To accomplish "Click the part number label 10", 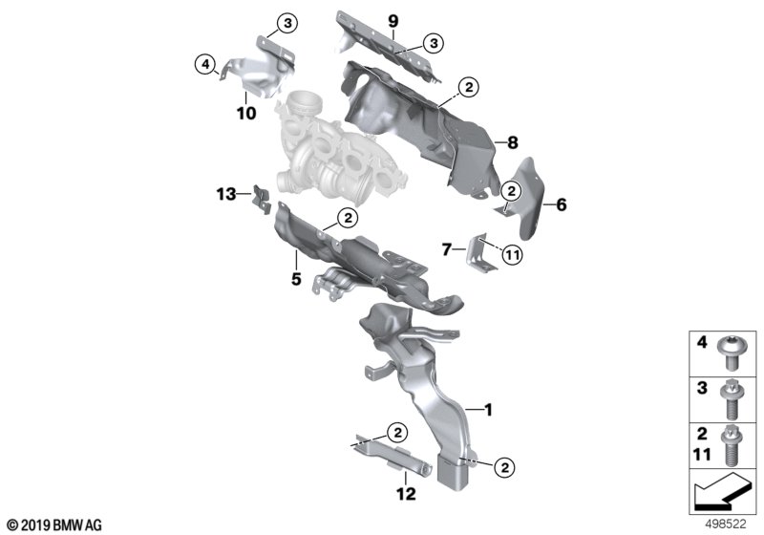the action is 246,113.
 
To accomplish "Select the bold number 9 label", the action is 393,21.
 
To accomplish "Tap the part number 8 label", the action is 512,142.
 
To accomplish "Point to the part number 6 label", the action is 562,204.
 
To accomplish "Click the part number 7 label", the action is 447,250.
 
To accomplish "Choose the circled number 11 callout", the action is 512,254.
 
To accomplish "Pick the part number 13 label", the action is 226,194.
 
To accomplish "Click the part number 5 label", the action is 296,279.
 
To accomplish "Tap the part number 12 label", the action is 406,494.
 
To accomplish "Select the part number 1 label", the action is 488,410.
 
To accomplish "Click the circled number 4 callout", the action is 205,64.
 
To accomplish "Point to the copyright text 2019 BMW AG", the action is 55,525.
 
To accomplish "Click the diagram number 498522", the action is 726,524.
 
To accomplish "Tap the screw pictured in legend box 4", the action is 727,353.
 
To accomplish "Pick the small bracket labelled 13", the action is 261,200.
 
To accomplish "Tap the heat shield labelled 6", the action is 524,198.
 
